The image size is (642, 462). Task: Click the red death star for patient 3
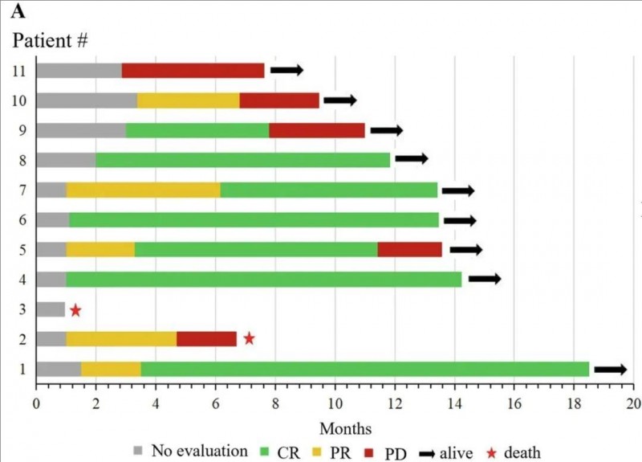tap(75, 310)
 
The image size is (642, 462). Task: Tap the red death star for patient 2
tap(250, 338)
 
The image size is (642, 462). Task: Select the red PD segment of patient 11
tap(193, 71)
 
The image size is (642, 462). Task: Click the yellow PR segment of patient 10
tap(188, 100)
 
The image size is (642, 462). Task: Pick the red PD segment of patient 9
tap(317, 130)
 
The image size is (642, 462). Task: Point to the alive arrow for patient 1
tap(610, 369)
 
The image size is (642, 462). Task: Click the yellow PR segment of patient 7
tap(143, 190)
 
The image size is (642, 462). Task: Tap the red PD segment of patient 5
tap(409, 249)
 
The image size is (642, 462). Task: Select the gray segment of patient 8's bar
tap(66, 160)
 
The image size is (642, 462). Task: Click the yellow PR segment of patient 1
tap(111, 369)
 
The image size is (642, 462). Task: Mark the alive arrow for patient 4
tap(485, 279)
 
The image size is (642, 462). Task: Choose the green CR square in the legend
tap(263, 452)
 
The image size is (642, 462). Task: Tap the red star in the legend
tap(490, 452)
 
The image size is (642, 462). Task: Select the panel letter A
tap(16, 11)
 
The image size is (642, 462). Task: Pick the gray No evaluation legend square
tap(139, 452)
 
